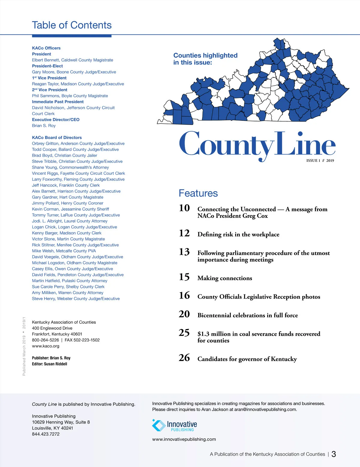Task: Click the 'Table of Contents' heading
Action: coord(72,25)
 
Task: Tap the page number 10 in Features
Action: coord(184,208)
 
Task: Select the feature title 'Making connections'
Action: coord(225,278)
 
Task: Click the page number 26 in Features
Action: coord(184,358)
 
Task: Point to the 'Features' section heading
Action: coord(198,193)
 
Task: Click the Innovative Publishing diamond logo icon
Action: coord(159,425)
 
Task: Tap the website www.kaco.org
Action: coord(46,346)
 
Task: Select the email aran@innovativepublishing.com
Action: coord(265,409)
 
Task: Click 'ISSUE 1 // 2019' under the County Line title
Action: coord(320,161)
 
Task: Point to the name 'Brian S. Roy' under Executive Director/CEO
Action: coord(44,126)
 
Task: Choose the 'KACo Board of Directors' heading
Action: coord(57,138)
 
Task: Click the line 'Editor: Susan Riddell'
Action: coord(49,364)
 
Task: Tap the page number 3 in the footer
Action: coord(334,454)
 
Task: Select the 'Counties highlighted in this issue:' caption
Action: coord(205,59)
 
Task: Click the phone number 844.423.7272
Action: coord(46,434)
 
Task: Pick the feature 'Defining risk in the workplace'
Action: coord(238,234)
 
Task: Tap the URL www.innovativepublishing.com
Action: coord(184,439)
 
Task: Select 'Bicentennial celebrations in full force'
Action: coord(247,315)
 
